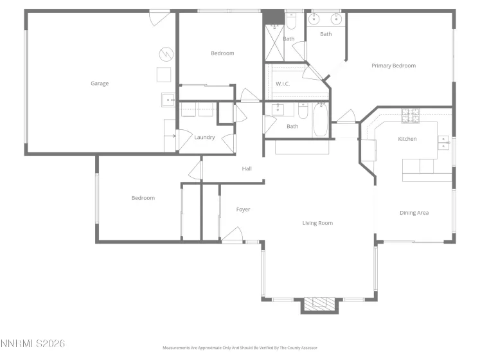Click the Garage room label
(99, 83)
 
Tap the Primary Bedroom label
(393, 66)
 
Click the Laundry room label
(204, 137)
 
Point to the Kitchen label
(407, 139)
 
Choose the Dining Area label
(414, 213)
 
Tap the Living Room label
(317, 223)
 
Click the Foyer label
(243, 210)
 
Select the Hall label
(247, 169)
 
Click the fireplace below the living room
(319, 305)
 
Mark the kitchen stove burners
(410, 116)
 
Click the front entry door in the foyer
(233, 235)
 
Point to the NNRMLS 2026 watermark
(33, 344)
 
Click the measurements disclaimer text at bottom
(240, 348)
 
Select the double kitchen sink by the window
(443, 142)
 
